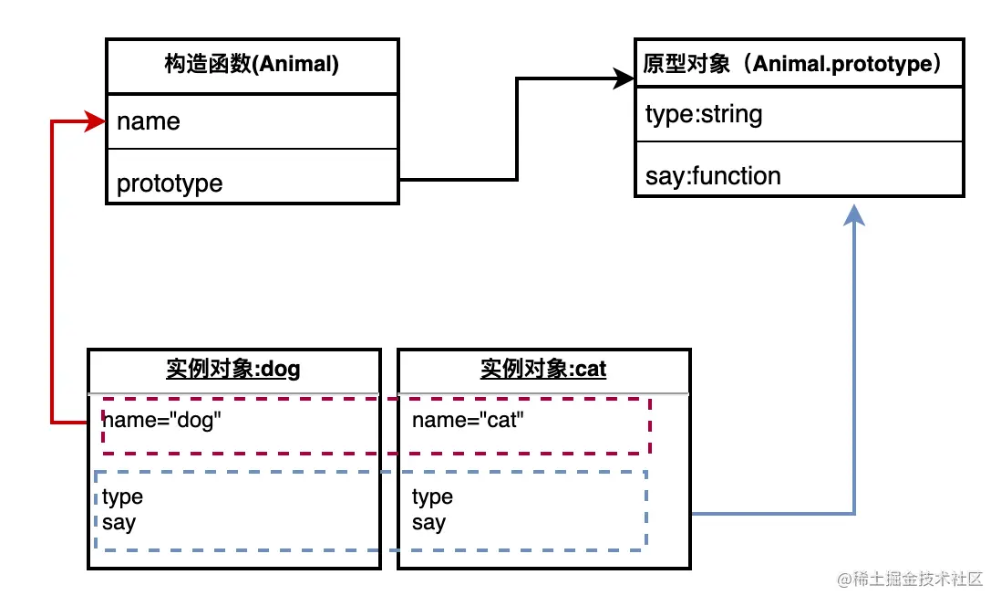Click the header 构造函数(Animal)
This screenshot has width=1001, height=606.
pyautogui.click(x=252, y=66)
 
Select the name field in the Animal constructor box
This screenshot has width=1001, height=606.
pyautogui.click(x=149, y=122)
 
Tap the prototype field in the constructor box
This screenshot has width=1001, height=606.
pyautogui.click(x=170, y=183)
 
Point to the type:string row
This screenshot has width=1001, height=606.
pyautogui.click(x=704, y=115)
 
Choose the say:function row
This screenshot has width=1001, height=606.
pyautogui.click(x=713, y=176)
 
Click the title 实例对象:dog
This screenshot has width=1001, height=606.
pyautogui.click(x=233, y=369)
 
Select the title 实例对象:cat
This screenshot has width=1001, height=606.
pyautogui.click(x=543, y=369)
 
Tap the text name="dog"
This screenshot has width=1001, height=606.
pyautogui.click(x=162, y=421)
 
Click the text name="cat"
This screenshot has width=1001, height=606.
pyautogui.click(x=469, y=421)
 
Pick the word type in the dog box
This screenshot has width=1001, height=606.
pyautogui.click(x=123, y=497)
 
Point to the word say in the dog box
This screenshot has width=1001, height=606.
pyautogui.click(x=119, y=523)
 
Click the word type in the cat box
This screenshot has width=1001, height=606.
pyautogui.click(x=432, y=497)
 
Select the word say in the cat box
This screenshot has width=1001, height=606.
pyautogui.click(x=428, y=523)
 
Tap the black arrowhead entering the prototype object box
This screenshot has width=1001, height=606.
pyautogui.click(x=624, y=79)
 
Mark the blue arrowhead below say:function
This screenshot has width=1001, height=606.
pyautogui.click(x=854, y=215)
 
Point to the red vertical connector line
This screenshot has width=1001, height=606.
pyautogui.click(x=52, y=274)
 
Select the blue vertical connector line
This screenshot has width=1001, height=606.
pyautogui.click(x=854, y=365)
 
